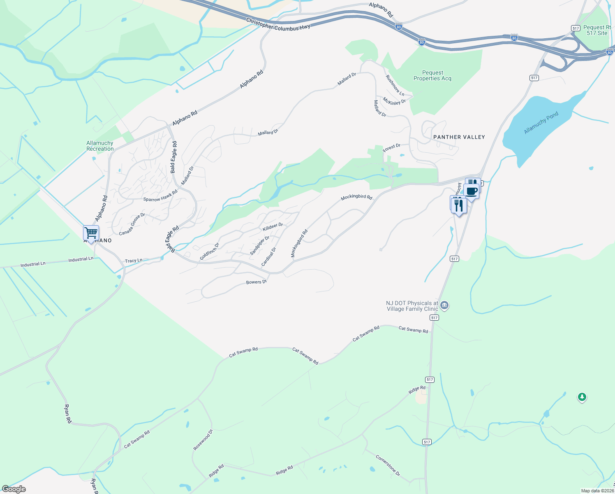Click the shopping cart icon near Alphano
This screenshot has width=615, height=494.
(91, 233)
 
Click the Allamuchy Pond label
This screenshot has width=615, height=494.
(541, 123)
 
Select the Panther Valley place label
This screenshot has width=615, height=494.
(459, 137)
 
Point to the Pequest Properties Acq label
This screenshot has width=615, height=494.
(432, 76)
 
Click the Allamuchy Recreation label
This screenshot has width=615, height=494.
(100, 146)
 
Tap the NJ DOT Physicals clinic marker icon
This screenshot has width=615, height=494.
(444, 305)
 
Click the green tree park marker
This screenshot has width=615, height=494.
(582, 397)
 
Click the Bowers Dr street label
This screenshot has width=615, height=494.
(257, 282)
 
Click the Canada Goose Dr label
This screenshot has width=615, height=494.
(132, 224)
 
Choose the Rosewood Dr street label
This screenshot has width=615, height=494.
(203, 440)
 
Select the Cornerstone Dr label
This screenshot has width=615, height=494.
(388, 466)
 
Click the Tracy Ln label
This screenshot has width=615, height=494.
(134, 261)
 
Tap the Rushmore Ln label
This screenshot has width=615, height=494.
(395, 85)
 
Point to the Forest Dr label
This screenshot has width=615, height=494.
(391, 148)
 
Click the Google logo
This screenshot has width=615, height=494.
(14, 489)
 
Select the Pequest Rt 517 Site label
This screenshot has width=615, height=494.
(597, 30)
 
